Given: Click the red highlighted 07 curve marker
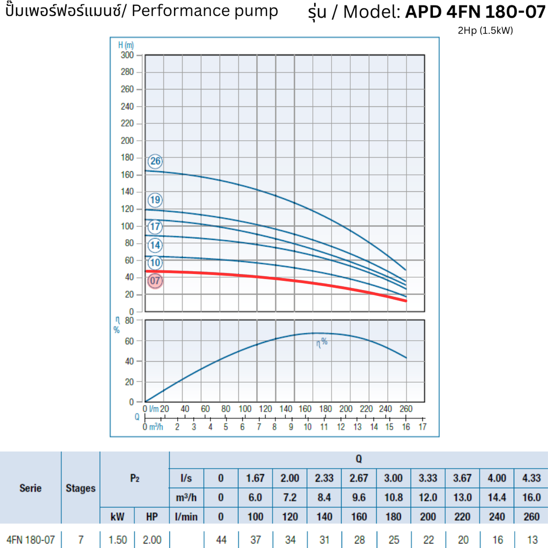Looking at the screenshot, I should click(x=155, y=280).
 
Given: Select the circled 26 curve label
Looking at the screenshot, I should click(x=155, y=162).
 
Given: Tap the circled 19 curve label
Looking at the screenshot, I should click(x=155, y=200).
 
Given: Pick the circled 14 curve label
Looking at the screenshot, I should click(x=155, y=245).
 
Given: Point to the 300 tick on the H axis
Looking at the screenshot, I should click(x=127, y=55).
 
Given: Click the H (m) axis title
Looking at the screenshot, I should click(x=126, y=45).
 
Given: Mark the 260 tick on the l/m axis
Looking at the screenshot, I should click(x=406, y=409).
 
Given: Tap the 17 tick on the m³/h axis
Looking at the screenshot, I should click(x=422, y=427).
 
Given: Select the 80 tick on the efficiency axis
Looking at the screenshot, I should click(x=129, y=321).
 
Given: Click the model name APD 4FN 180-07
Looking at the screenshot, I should click(x=475, y=12).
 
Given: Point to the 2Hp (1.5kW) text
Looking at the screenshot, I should click(x=485, y=31).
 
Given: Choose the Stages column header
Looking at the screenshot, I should click(x=80, y=488).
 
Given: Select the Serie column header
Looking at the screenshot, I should click(x=31, y=488).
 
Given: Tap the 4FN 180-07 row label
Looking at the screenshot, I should click(x=31, y=539).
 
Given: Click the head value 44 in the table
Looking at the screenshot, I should click(x=221, y=539).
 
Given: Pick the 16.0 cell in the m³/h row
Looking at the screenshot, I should click(x=531, y=497).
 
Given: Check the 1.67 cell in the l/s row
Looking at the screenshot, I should click(x=255, y=478).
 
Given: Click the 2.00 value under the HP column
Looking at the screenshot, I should click(x=152, y=539).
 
